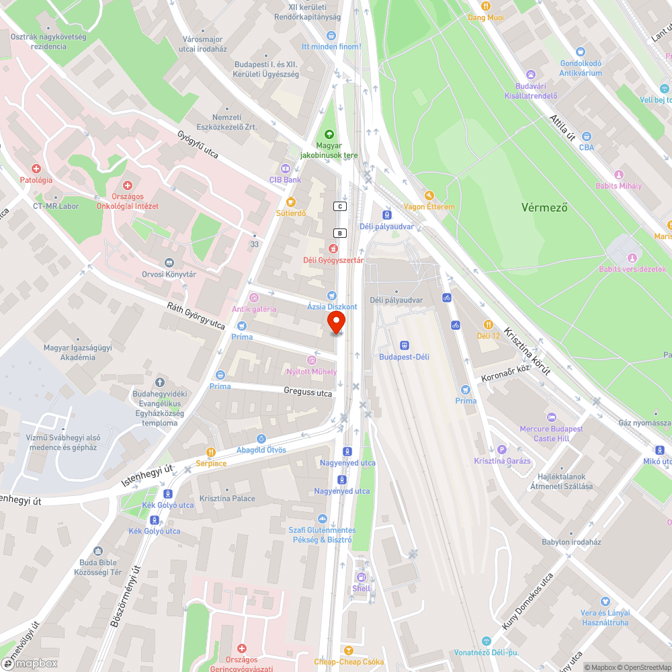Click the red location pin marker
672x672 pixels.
(x=336, y=322)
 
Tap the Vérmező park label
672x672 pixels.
(x=544, y=208)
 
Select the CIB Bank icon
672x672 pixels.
(x=285, y=168)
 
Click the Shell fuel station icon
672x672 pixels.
(x=361, y=577)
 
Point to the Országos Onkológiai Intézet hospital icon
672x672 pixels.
(x=127, y=185)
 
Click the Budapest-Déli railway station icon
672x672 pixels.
(x=403, y=345)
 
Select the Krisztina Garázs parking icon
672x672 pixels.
(x=502, y=450)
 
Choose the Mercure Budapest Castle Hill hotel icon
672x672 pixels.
(x=551, y=417)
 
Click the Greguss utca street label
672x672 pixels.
(x=308, y=392)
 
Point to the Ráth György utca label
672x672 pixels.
(x=196, y=315)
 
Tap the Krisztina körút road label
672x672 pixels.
(x=528, y=351)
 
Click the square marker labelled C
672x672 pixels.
(x=341, y=206)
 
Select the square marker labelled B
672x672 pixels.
(x=340, y=233)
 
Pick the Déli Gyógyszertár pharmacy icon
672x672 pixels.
(x=333, y=249)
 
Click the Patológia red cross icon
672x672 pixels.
(x=36, y=169)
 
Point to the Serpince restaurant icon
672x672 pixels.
(x=211, y=452)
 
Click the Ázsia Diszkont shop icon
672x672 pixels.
(x=331, y=296)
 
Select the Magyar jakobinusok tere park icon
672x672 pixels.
(x=329, y=134)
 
